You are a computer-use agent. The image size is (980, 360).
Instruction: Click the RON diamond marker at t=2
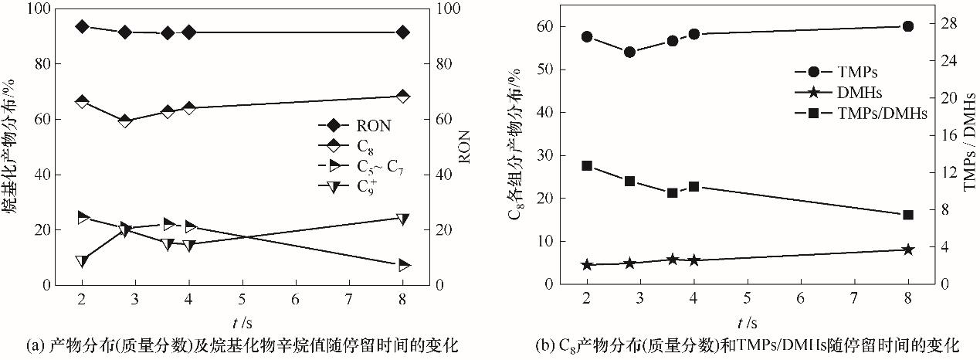[x=82, y=26]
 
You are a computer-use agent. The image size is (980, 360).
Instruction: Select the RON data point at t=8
[x=402, y=32]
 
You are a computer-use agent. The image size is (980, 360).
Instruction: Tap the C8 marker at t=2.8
[x=125, y=121]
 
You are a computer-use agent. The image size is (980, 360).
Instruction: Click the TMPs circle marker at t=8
[x=908, y=26]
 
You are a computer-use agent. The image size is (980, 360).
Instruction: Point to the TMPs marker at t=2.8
[x=629, y=52]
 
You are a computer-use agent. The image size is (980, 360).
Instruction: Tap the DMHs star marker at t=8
[x=908, y=250]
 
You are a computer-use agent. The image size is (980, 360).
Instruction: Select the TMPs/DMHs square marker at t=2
[x=587, y=166]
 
